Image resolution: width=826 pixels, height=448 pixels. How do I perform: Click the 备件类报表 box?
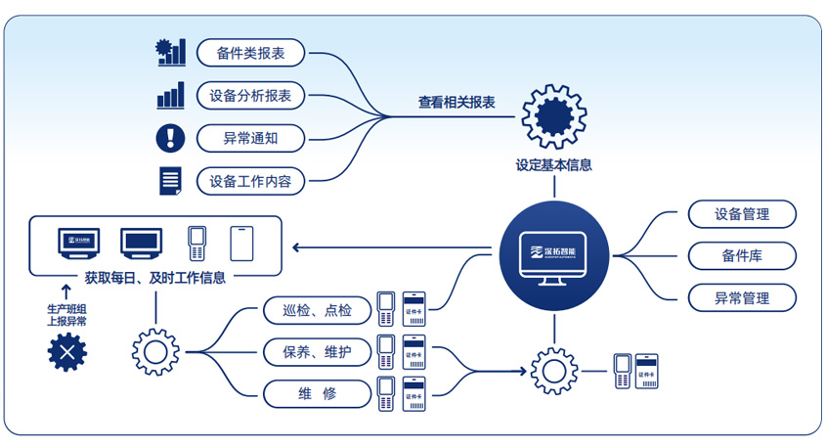tap(250, 53)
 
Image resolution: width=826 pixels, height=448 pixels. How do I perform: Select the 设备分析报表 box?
tap(250, 96)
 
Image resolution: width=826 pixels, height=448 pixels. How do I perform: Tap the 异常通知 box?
tap(250, 139)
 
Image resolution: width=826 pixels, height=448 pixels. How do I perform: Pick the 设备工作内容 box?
tap(250, 182)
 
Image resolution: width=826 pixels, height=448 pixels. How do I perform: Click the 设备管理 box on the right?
tap(742, 214)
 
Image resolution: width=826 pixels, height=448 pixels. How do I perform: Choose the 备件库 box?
tap(742, 256)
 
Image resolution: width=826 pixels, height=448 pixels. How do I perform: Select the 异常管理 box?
tap(742, 298)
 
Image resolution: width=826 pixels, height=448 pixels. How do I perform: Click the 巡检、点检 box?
tap(317, 312)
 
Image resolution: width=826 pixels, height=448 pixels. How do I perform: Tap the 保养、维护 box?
tap(317, 352)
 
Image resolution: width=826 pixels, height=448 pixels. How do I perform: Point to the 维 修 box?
tap(317, 393)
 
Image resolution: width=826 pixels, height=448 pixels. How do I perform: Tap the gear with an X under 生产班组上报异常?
tap(67, 353)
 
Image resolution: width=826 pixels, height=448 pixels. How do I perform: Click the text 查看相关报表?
tap(456, 103)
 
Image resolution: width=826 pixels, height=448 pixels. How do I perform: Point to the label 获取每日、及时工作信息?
tap(154, 278)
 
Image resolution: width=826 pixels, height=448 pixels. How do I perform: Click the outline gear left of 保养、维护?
tap(154, 349)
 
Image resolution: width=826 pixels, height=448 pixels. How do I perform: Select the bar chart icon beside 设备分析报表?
tap(170, 96)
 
